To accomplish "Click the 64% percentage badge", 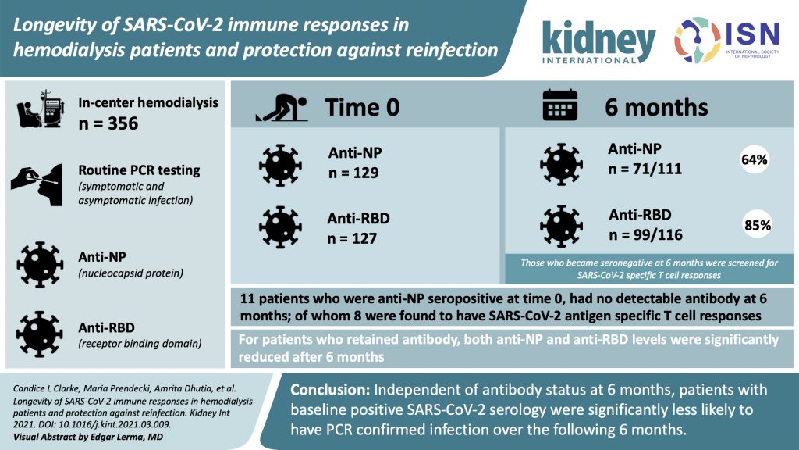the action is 755,159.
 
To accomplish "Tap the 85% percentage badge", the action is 757,225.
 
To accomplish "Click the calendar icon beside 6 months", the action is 560,105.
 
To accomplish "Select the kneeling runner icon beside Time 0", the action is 282,108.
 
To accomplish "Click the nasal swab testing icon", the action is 37,184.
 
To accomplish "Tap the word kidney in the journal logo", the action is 598,39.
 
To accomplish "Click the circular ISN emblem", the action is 698,41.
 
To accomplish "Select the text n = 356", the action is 108,123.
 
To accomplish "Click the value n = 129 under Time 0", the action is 353,173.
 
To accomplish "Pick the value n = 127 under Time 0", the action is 352,238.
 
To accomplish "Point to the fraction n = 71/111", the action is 645,169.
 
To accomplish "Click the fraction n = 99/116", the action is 645,234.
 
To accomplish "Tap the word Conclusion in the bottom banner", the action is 330,390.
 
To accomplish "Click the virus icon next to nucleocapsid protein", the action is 40,265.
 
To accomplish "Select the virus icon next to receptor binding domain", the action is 40,334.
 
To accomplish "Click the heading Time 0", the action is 362,107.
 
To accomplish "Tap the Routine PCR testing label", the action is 139,170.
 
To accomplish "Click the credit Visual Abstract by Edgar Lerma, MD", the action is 88,437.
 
